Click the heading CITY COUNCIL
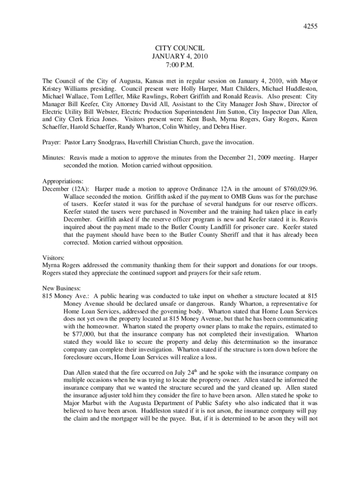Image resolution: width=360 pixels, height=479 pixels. coord(180,48)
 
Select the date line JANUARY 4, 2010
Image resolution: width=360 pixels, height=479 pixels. coord(180,57)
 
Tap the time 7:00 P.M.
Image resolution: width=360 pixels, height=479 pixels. coord(180,65)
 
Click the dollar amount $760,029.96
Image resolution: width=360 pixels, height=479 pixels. coord(300,189)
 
